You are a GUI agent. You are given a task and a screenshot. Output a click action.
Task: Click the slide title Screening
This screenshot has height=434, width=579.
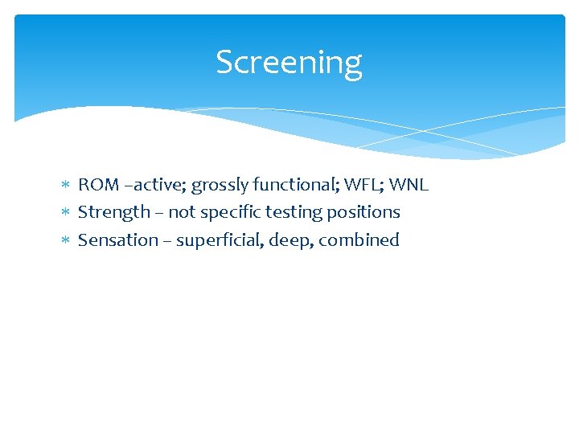(x=289, y=63)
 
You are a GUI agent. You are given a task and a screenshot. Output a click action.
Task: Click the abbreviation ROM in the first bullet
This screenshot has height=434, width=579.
(x=98, y=185)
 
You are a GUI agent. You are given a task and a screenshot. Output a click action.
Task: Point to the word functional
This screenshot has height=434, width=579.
(x=290, y=185)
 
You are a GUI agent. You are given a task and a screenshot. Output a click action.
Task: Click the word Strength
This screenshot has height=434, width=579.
(x=113, y=212)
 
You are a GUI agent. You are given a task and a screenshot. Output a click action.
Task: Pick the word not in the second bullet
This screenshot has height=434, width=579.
(x=183, y=212)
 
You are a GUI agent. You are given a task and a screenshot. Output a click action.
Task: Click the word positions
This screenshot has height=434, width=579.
(x=361, y=213)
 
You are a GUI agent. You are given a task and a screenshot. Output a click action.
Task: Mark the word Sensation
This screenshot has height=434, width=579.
(x=117, y=240)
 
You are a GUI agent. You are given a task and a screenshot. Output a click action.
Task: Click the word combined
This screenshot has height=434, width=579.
(x=359, y=240)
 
